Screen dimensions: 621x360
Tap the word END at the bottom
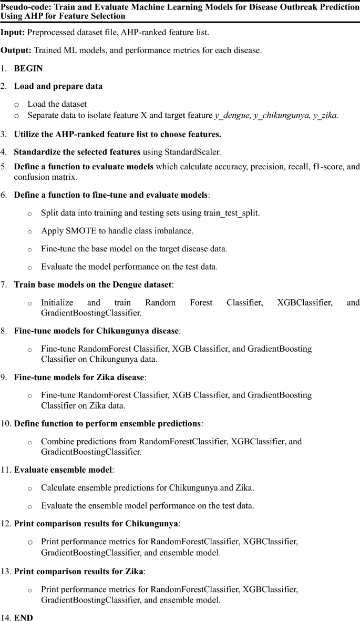pos(23,614)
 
